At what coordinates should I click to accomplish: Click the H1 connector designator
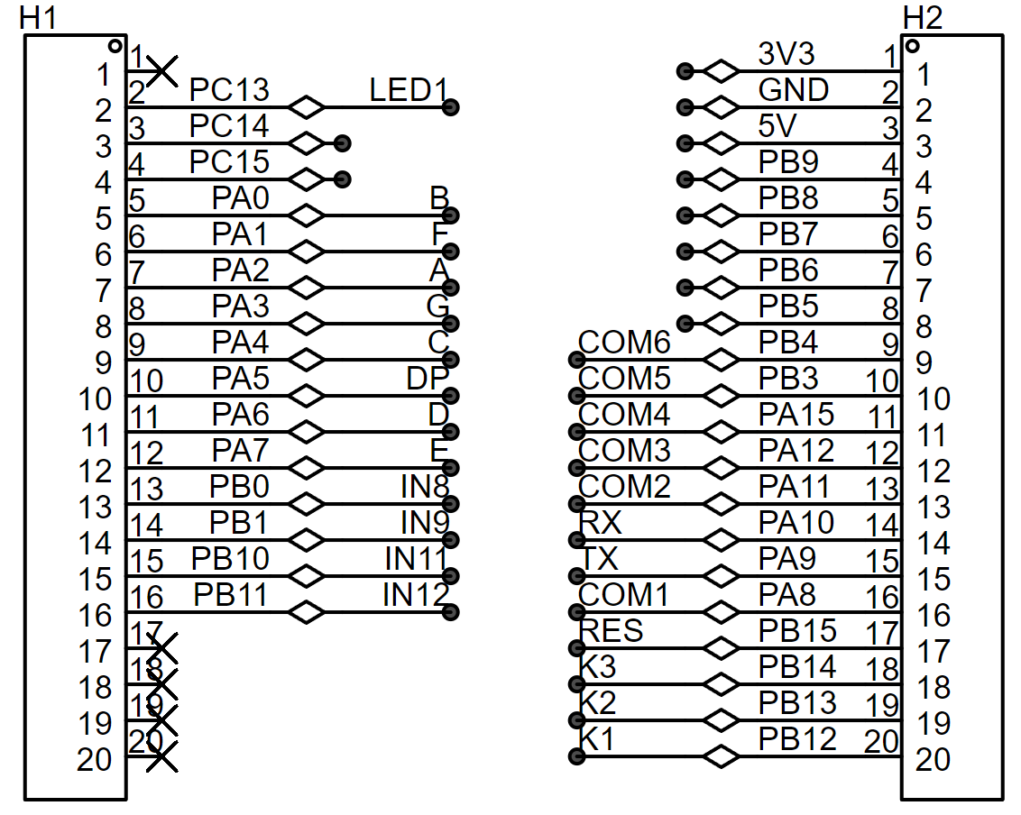click(38, 17)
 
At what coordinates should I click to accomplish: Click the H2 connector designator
click(922, 17)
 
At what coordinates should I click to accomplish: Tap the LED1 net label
click(409, 90)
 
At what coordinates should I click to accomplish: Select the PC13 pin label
click(229, 90)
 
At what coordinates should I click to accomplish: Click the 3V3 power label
click(786, 53)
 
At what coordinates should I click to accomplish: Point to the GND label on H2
click(793, 90)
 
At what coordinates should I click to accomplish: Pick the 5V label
click(777, 125)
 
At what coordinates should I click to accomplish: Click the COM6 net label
click(624, 343)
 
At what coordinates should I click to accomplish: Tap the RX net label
click(601, 523)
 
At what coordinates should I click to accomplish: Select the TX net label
click(599, 559)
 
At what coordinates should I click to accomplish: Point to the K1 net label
click(597, 739)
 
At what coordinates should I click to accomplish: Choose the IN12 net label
click(416, 595)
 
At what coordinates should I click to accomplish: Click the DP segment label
click(428, 379)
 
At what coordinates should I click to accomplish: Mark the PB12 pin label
click(797, 739)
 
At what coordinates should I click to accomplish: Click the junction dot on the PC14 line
click(343, 142)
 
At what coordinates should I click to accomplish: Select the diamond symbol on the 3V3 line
click(721, 70)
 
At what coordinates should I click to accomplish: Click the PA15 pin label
click(796, 415)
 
